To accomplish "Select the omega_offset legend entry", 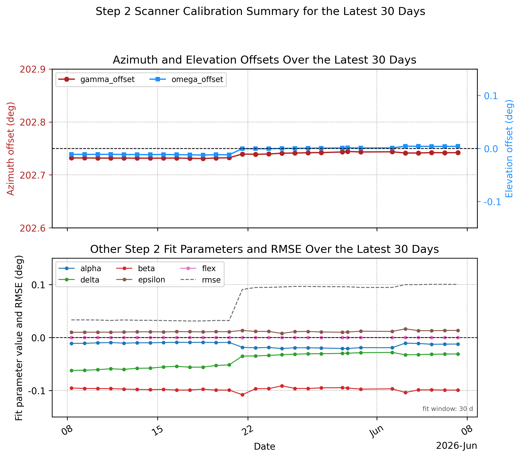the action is pos(186,80).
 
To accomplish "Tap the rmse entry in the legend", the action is pos(200,280).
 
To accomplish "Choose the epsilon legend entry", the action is pos(141,280).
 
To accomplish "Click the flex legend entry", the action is pos(198,268).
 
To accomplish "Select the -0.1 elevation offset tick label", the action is pos(492,202).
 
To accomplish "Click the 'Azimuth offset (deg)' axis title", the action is pos(11,149).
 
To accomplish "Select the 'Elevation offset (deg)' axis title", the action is pos(509,149).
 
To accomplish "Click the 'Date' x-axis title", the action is pos(265,447).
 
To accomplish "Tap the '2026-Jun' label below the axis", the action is pos(457,446).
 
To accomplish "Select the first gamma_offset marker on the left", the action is pos(72,158).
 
